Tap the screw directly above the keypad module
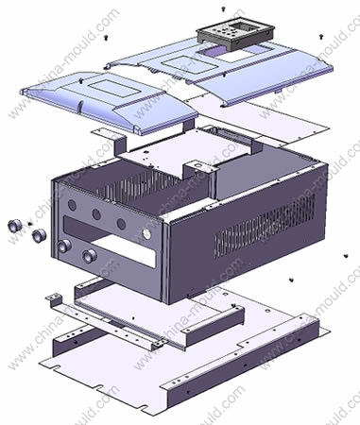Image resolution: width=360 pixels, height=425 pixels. tap(223, 8)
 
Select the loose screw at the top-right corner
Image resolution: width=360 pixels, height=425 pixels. tap(321, 37)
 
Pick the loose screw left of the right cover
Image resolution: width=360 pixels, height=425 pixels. tap(106, 38)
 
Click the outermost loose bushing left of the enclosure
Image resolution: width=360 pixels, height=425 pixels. tap(14, 226)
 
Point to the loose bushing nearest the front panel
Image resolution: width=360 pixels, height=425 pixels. tap(39, 235)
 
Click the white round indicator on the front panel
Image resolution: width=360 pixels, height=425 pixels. tap(146, 234)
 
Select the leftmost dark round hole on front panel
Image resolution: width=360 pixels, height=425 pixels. tap(72, 205)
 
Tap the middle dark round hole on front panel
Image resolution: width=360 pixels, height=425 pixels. tap(96, 214)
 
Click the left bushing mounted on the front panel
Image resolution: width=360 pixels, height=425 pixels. tap(64, 246)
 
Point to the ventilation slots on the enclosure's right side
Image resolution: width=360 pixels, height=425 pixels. tap(265, 226)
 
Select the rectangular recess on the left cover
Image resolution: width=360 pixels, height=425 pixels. tap(115, 87)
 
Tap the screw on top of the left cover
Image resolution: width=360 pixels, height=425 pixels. tap(81, 80)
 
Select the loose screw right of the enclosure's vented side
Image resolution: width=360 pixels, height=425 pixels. tap(346, 256)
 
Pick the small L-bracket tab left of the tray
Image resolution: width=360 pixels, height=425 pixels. tap(54, 299)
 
